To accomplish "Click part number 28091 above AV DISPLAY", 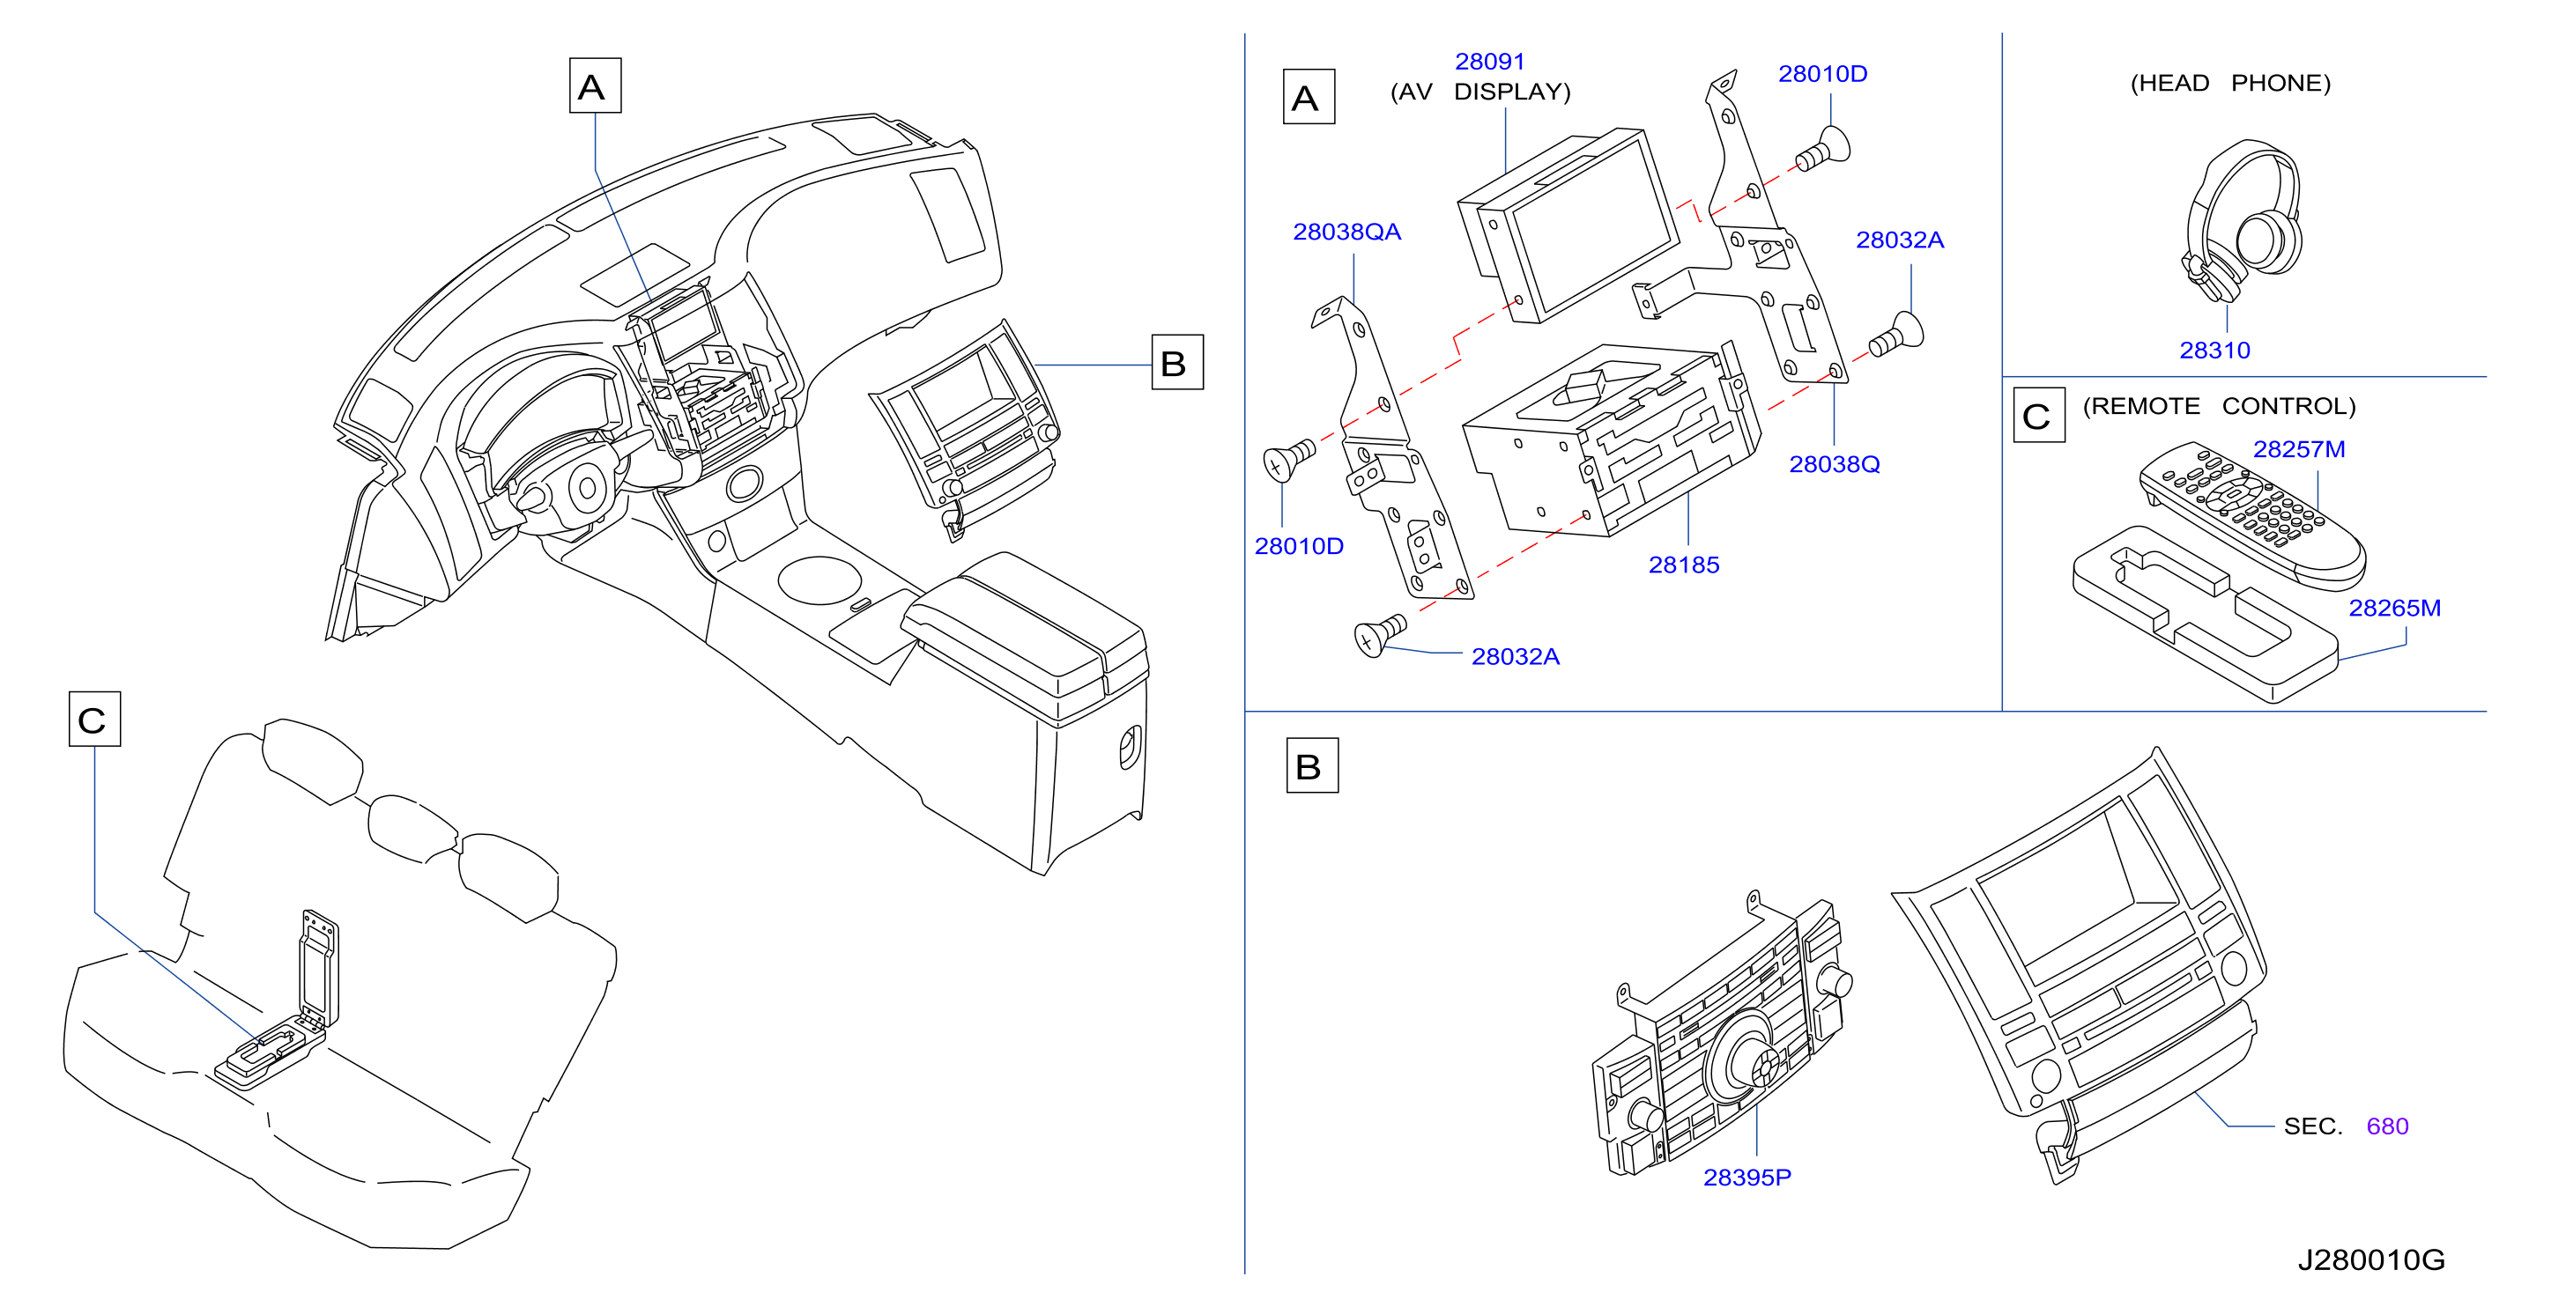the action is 1489,62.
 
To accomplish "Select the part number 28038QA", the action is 1346,232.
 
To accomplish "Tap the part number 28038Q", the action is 1834,464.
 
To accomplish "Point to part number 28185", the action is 1684,565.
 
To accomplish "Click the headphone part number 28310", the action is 2214,351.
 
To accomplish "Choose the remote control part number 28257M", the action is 2298,449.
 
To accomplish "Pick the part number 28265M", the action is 2394,608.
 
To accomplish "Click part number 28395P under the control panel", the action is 1746,1178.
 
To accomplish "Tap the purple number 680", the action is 2386,1126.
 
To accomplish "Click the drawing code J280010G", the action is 2370,1260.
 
